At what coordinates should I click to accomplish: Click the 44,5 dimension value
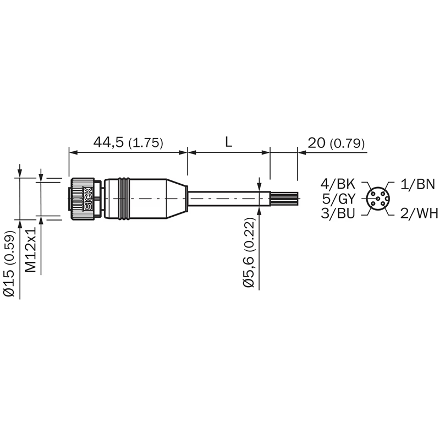(x=108, y=142)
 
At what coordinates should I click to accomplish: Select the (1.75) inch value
(x=146, y=143)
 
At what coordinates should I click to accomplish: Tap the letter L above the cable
(x=229, y=142)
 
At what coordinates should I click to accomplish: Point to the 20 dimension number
(x=317, y=143)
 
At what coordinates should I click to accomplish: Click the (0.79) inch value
(x=348, y=144)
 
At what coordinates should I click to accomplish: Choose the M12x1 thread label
(x=31, y=250)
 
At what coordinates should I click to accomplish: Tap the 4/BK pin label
(x=338, y=184)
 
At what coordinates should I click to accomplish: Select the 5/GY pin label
(x=339, y=199)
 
